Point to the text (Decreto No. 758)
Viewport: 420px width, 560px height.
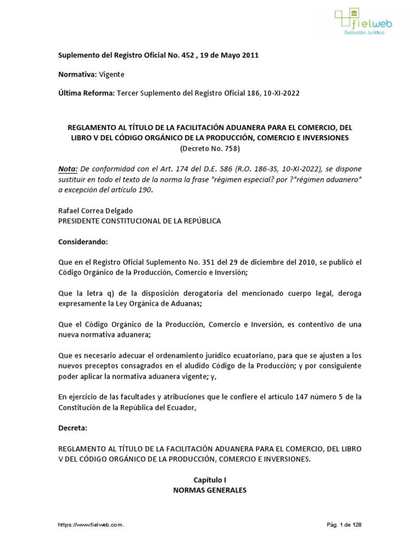(210, 148)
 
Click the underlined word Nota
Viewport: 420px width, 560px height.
(68, 168)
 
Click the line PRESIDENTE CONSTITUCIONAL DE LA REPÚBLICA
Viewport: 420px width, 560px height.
(139, 220)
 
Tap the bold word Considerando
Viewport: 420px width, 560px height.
(83, 241)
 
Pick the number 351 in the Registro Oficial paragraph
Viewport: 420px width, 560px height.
(196, 262)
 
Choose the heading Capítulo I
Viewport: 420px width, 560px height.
(210, 479)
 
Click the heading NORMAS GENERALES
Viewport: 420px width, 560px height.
(210, 490)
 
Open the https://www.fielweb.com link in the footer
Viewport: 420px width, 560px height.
(91, 524)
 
